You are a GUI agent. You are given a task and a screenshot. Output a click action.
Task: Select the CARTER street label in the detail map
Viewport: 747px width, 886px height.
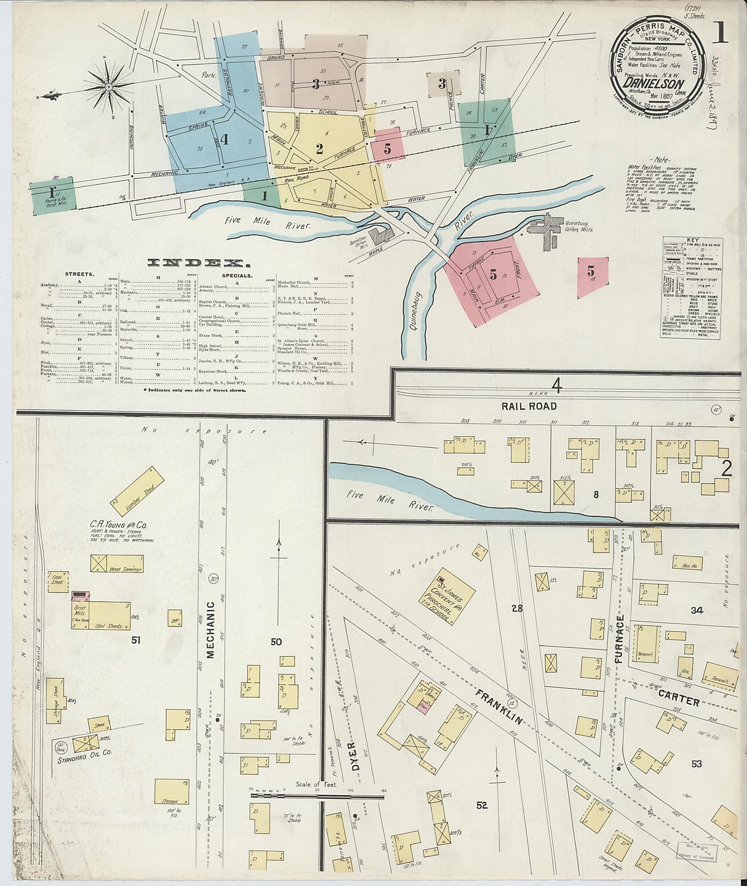pyautogui.click(x=678, y=697)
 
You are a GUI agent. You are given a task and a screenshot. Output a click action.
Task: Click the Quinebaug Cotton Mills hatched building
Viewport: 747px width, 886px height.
pyautogui.click(x=547, y=232)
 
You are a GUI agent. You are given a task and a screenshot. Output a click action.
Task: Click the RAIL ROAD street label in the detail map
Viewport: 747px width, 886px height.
pyautogui.click(x=529, y=406)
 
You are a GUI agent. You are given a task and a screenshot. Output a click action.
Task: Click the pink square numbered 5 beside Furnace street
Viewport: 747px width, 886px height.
pyautogui.click(x=387, y=146)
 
